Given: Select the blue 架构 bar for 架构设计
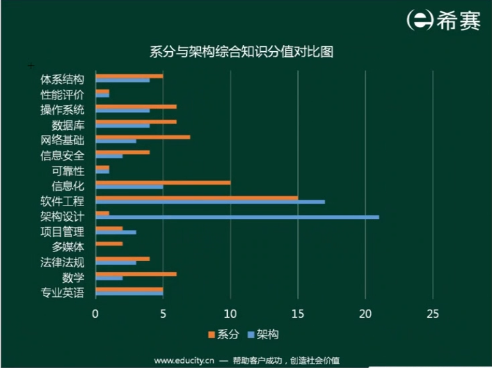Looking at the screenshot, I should point(237,217).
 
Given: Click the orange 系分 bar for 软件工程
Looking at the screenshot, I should point(196,198).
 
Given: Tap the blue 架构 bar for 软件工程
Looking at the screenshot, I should point(210,202).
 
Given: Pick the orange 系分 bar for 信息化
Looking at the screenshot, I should point(163,182).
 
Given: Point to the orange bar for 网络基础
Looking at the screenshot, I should point(142,136).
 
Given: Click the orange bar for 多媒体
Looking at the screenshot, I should point(109,244).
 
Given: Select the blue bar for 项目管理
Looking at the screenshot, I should point(115,232).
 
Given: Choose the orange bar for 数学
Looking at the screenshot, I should point(136,274).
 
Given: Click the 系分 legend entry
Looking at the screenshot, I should point(223,334).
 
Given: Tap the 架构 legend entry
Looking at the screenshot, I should point(262,334).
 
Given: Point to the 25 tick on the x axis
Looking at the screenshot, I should point(432,314).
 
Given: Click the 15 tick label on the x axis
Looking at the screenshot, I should point(298,314).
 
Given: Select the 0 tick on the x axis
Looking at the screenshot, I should point(95,314).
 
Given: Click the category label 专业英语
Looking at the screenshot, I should point(63,293).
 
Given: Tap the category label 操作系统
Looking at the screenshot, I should point(63,109).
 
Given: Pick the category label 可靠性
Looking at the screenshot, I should point(68,171).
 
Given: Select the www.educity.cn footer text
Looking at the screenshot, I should point(183,360).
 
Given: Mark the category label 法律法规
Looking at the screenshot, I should point(63,262).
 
